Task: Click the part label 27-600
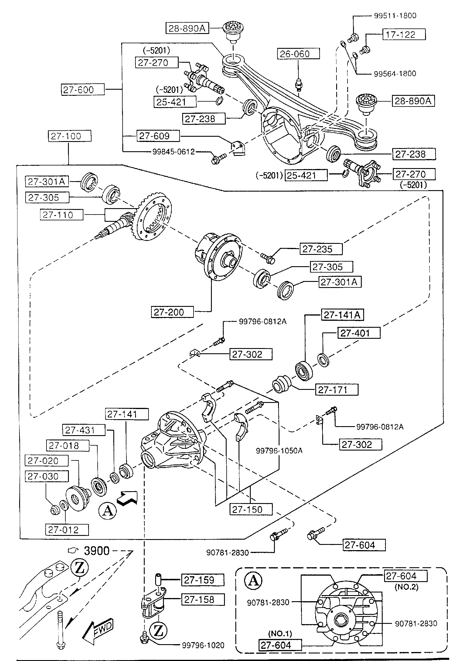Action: pyautogui.click(x=83, y=90)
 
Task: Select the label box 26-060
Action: pyautogui.click(x=298, y=54)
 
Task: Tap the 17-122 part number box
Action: pyautogui.click(x=404, y=35)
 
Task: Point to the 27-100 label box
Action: pyautogui.click(x=69, y=136)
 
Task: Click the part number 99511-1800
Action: pyautogui.click(x=395, y=16)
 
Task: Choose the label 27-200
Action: pyautogui.click(x=172, y=312)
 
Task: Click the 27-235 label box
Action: pyautogui.click(x=321, y=249)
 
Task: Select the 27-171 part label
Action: pyautogui.click(x=336, y=390)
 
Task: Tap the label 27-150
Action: pyautogui.click(x=251, y=510)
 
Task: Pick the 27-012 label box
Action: pyautogui.click(x=67, y=530)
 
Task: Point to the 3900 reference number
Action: pyautogui.click(x=96, y=551)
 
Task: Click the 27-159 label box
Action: pyautogui.click(x=203, y=580)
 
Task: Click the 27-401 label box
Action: pyautogui.click(x=359, y=333)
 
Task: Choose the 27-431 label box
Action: pyautogui.click(x=84, y=430)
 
